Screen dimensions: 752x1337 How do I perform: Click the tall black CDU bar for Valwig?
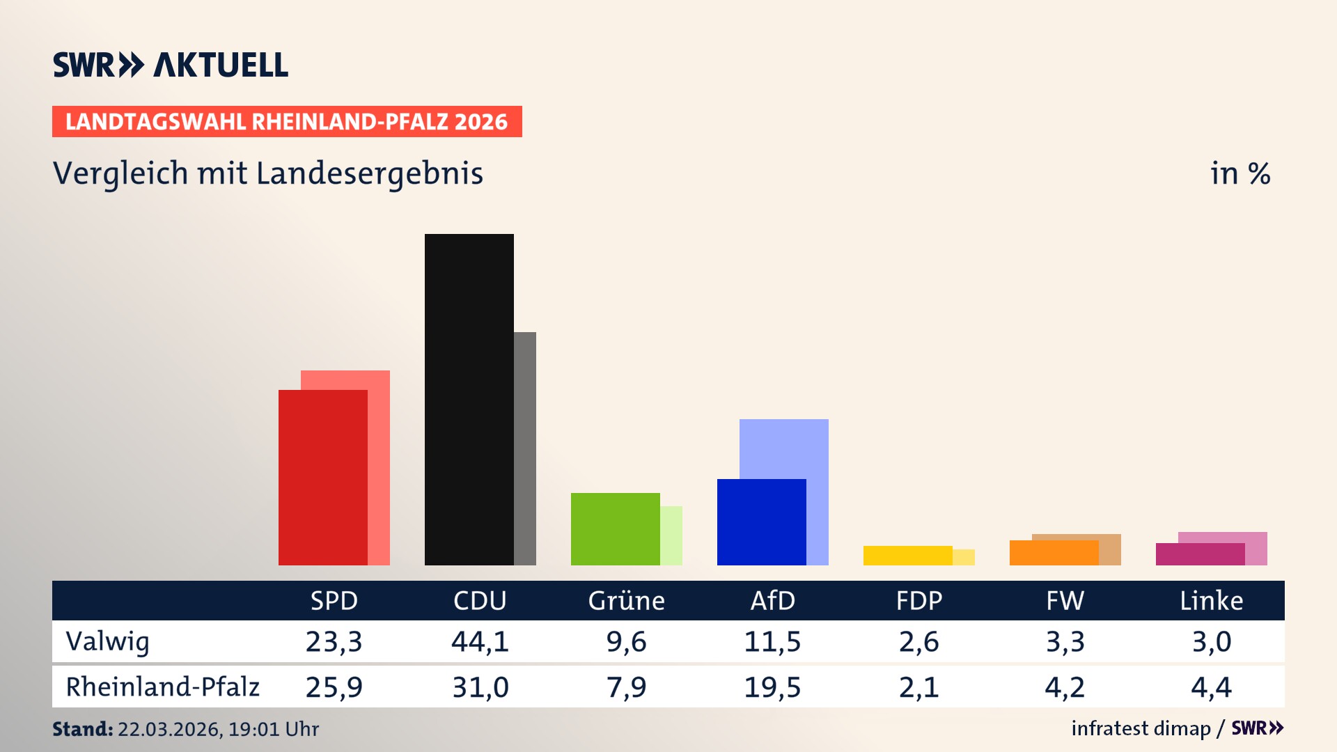point(469,399)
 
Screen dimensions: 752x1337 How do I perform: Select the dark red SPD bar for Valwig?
point(322,477)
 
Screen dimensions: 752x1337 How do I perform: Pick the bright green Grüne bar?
point(615,528)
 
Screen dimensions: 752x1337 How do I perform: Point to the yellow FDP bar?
point(907,555)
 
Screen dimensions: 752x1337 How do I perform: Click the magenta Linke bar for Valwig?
point(1200,554)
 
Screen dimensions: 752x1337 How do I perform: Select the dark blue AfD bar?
point(761,522)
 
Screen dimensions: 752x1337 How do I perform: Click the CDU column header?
point(480,600)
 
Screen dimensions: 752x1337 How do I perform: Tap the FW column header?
point(1065,600)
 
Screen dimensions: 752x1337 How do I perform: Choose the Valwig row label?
point(107,641)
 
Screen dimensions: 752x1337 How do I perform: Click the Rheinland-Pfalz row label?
point(162,687)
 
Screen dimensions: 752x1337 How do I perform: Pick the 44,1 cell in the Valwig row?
point(480,641)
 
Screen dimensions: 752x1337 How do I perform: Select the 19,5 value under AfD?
point(772,687)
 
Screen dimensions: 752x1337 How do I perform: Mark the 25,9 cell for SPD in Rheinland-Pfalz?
point(334,687)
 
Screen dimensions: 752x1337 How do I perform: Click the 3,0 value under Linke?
point(1211,641)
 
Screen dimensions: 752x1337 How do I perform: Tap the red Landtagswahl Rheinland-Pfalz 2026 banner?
point(287,121)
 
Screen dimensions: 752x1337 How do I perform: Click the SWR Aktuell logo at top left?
point(171,65)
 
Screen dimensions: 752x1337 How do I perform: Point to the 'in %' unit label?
point(1240,173)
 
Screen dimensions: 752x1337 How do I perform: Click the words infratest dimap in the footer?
point(1141,728)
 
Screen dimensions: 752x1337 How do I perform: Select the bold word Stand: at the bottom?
point(82,729)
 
